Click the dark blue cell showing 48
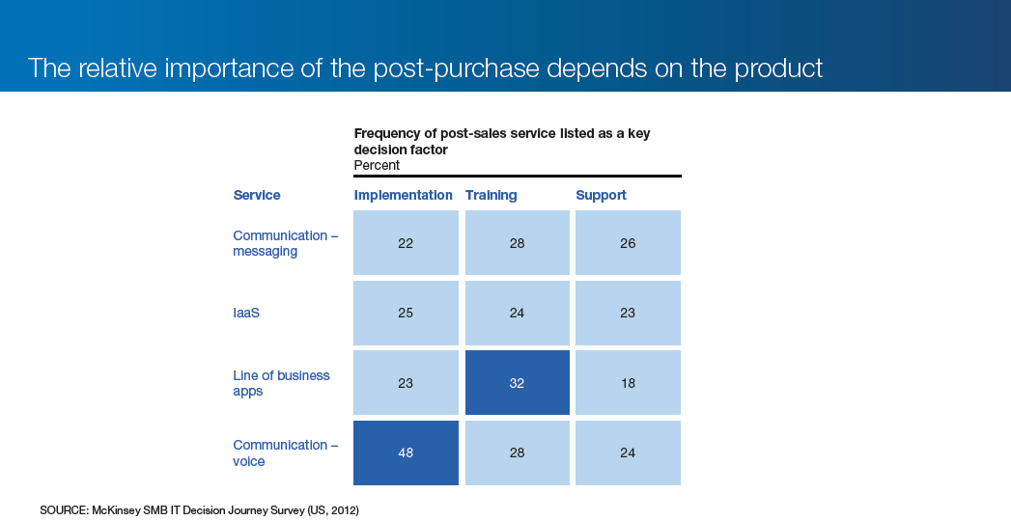click(406, 452)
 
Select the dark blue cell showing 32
click(518, 382)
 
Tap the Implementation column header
click(403, 195)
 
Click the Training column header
click(491, 195)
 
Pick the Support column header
click(601, 195)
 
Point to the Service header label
click(257, 195)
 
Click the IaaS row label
click(246, 313)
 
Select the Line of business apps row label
click(281, 383)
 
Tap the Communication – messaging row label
click(285, 243)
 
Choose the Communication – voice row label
click(285, 452)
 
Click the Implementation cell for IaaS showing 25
click(406, 313)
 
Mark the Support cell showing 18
click(628, 382)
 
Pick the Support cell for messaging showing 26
click(628, 243)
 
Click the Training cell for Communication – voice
click(518, 452)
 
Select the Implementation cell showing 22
click(406, 243)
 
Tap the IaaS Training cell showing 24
click(518, 313)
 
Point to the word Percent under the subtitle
click(377, 166)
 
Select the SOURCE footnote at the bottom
click(199, 510)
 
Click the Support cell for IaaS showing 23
click(628, 313)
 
